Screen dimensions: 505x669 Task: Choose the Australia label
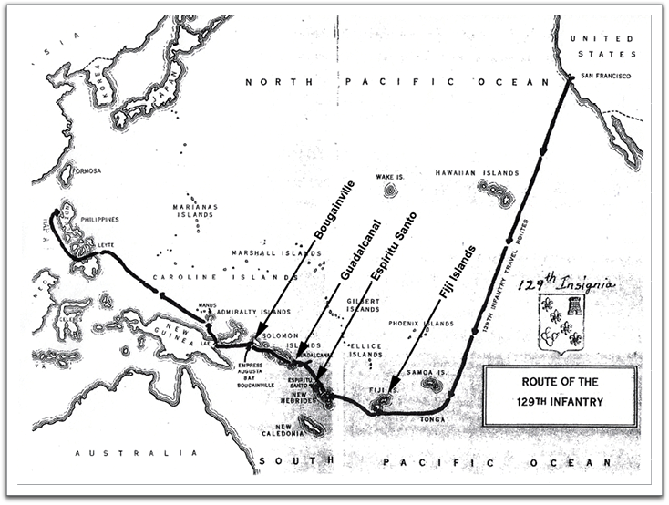coord(137,453)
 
